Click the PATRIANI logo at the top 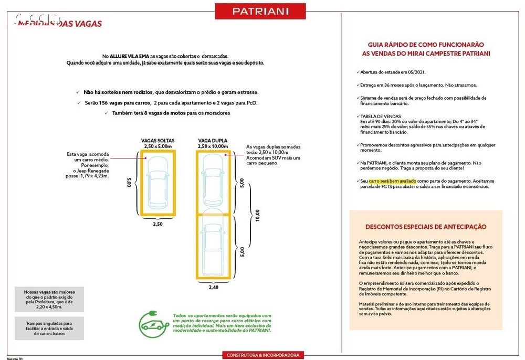tap(260, 11)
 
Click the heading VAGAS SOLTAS tap(157, 141)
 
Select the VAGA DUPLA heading tap(213, 141)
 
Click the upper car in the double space tap(213, 181)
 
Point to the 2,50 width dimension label tap(158, 224)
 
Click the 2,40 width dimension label tap(213, 288)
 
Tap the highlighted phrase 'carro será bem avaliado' tap(392, 181)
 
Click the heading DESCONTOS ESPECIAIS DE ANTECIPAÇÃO tap(426, 227)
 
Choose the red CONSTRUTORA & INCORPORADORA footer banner tap(262, 355)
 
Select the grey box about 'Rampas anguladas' tap(49, 329)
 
